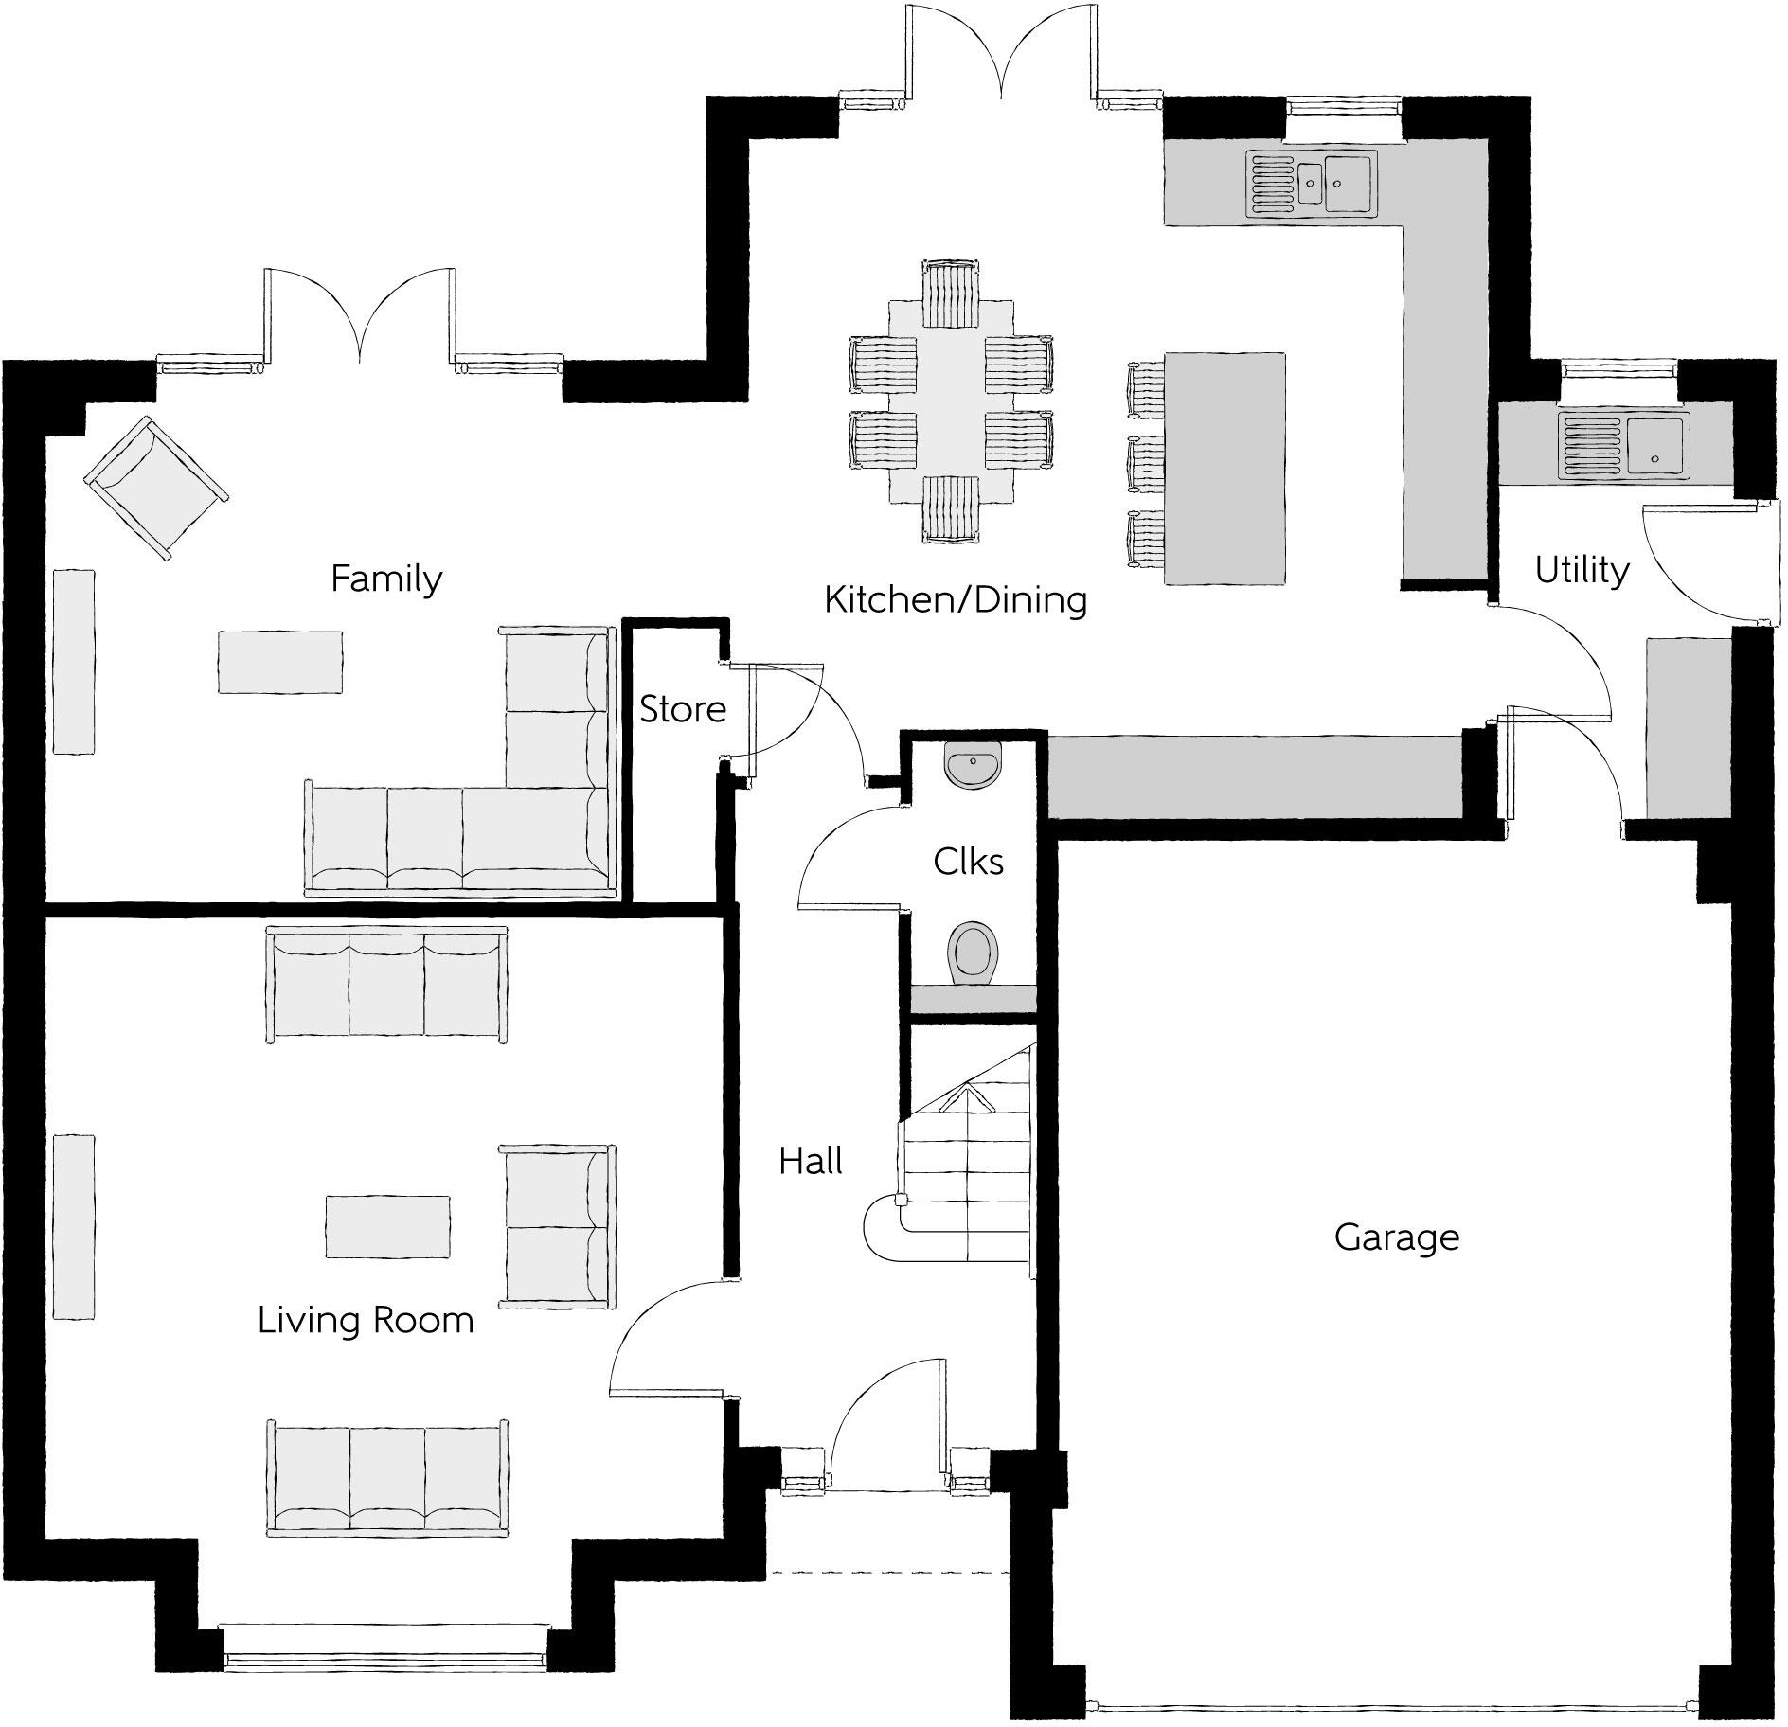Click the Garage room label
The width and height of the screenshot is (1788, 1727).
click(1396, 1237)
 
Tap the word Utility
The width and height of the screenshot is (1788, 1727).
click(1582, 570)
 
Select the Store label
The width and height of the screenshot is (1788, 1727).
click(682, 708)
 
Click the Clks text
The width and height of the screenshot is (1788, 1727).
click(968, 861)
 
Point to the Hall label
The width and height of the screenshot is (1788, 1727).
click(811, 1161)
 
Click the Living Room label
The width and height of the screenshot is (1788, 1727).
click(366, 1320)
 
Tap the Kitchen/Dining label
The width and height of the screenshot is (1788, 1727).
click(955, 599)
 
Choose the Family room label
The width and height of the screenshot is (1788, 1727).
click(386, 578)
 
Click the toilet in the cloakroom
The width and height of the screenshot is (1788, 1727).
click(973, 953)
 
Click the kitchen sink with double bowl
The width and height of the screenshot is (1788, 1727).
click(1312, 182)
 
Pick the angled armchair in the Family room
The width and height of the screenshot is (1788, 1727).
click(155, 488)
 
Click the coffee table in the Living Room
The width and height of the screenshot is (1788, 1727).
click(387, 1225)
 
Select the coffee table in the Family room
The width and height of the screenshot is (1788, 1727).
click(280, 662)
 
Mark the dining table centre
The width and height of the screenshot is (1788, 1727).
click(952, 402)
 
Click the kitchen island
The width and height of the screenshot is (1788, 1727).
click(1225, 469)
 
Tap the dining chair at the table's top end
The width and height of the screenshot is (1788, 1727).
click(951, 294)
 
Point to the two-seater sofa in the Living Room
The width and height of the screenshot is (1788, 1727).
click(557, 1226)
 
